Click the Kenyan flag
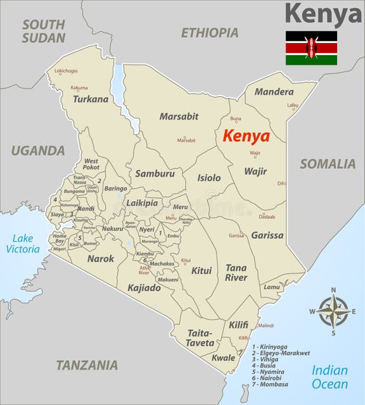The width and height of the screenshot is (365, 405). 311,48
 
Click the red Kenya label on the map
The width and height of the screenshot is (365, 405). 247,136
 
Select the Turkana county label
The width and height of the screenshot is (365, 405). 91,99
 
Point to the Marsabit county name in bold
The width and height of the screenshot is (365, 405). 179,116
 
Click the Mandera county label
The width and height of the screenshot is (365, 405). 274,92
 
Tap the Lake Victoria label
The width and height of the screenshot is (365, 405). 23,244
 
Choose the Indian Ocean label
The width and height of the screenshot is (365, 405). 330,378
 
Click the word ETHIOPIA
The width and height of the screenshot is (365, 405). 210,33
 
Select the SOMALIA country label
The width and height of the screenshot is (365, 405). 328,164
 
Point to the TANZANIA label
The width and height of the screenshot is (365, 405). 87,365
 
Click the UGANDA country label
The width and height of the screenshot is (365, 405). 37,151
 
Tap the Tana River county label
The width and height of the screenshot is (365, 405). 236,273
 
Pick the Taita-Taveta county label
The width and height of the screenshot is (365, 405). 201,337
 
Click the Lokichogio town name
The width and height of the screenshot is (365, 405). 67,71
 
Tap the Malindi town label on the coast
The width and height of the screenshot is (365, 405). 266,325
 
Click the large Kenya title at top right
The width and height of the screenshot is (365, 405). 323,14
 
